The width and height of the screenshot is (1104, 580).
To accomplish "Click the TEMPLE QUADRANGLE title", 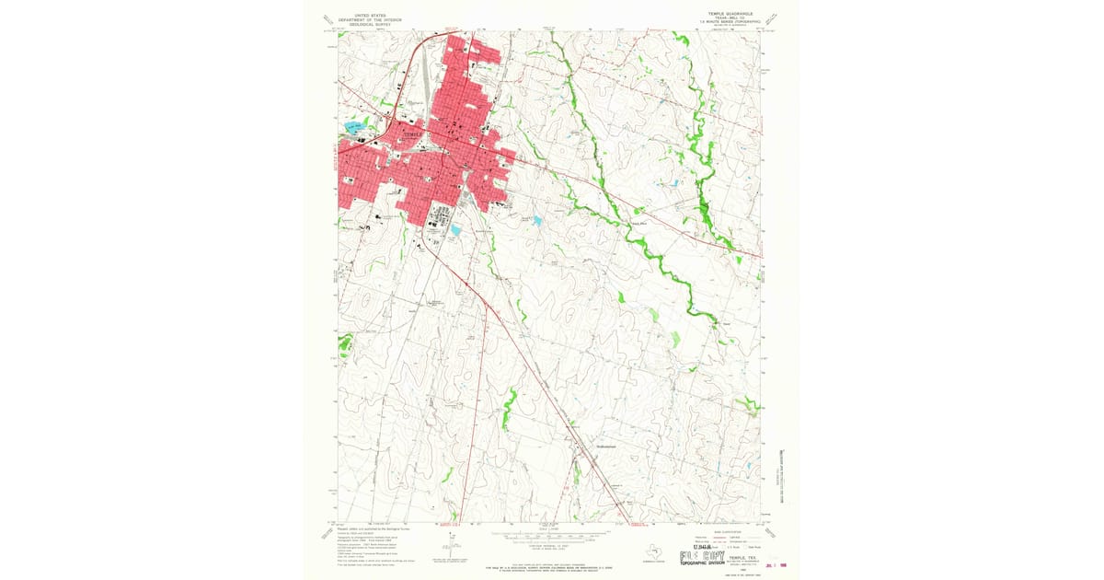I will click(727, 14).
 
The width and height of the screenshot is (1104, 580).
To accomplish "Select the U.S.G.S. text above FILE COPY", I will click(692, 547).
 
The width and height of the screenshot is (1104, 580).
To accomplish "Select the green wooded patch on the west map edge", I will click(345, 345).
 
